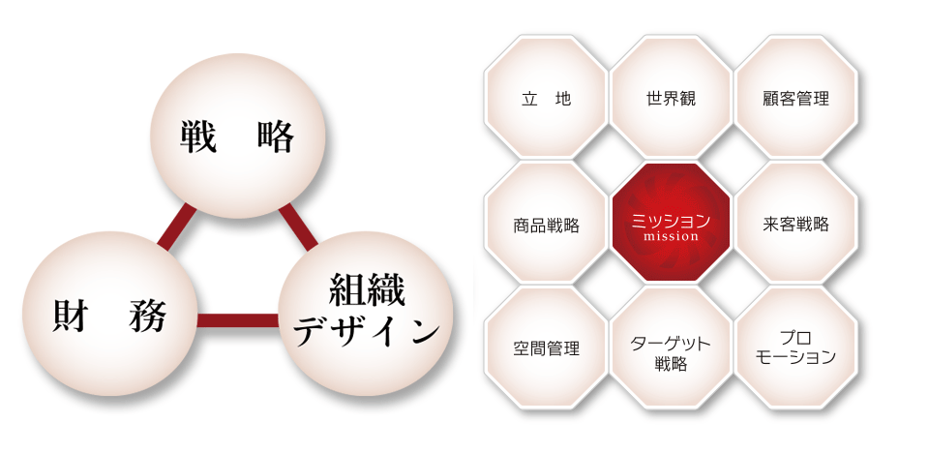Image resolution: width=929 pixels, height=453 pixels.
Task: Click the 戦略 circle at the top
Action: point(237,136)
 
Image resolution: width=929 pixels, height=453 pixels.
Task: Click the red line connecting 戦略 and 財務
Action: point(176,226)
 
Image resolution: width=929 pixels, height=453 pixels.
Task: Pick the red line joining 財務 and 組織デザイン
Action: point(238,320)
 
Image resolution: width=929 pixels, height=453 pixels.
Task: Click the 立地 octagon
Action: point(546,97)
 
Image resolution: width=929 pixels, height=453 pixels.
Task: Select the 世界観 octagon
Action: point(671,97)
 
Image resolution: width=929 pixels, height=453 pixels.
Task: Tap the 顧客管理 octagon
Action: point(795,97)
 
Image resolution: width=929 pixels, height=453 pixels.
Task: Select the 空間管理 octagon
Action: point(546,347)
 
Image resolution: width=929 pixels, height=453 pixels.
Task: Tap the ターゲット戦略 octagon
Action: point(671,347)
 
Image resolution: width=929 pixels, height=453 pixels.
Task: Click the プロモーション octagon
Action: point(795,347)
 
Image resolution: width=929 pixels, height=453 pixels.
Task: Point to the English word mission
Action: point(671,236)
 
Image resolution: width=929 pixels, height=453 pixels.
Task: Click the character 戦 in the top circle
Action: point(198,136)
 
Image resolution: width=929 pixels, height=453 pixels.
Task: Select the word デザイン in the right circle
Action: point(367,332)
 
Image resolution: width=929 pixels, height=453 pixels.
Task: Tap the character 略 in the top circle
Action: point(276,136)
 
